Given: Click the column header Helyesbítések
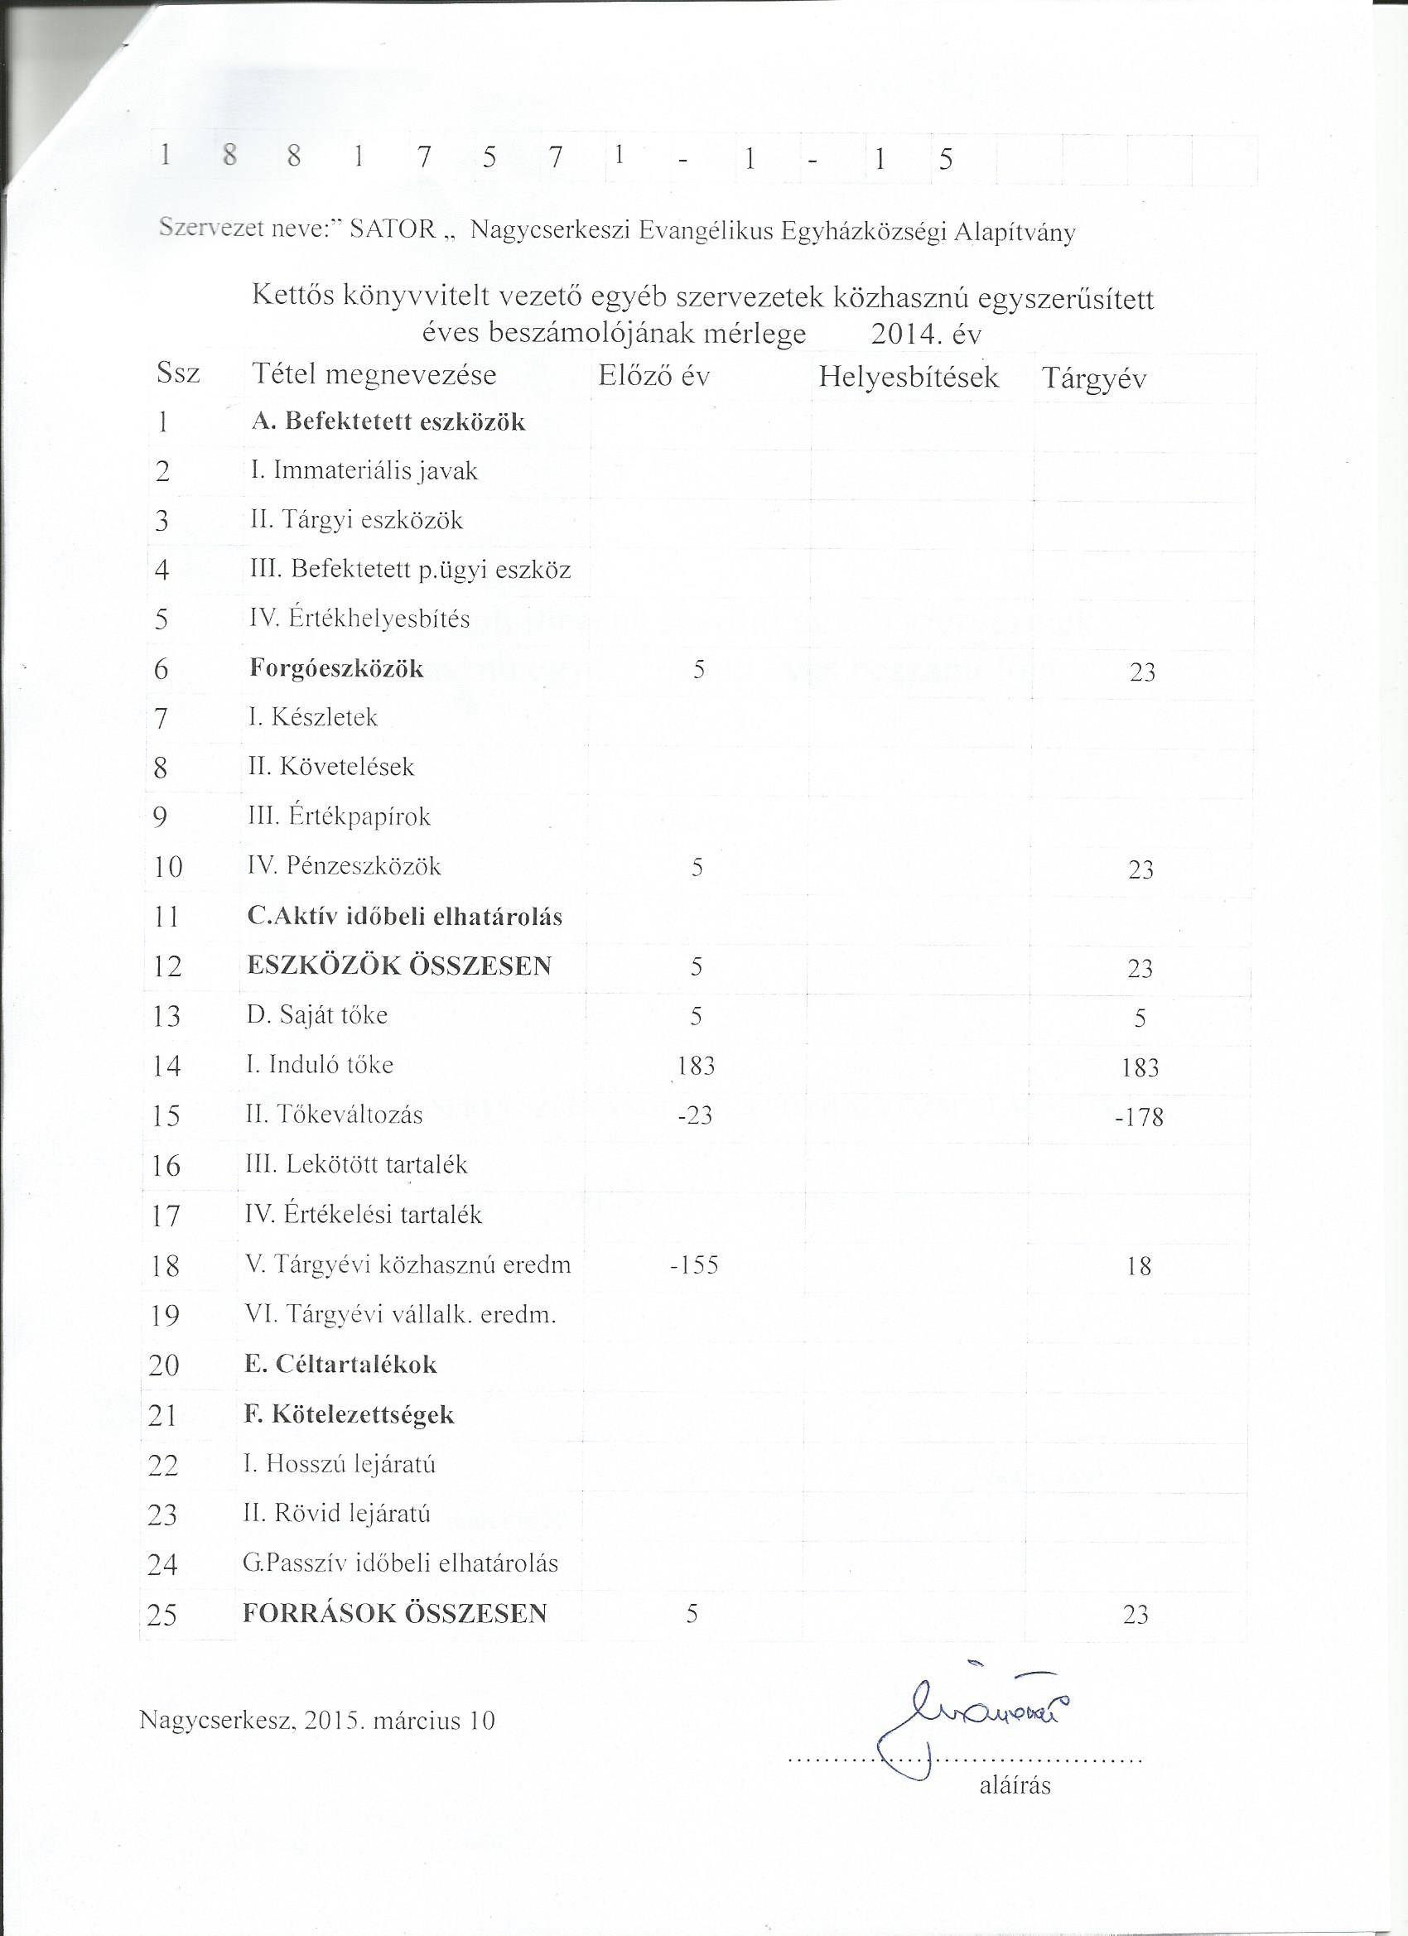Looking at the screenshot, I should pyautogui.click(x=909, y=377).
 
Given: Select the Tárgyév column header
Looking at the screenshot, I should pyautogui.click(x=1094, y=379).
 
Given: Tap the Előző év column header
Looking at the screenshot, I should pyautogui.click(x=654, y=377).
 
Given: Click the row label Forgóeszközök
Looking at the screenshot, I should pyautogui.click(x=336, y=667).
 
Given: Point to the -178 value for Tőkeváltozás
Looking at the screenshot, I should pyautogui.click(x=1139, y=1117).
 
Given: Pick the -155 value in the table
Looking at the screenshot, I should pyautogui.click(x=694, y=1264).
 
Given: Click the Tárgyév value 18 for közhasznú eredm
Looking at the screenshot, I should pyautogui.click(x=1139, y=1266).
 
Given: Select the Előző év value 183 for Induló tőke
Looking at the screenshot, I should pyautogui.click(x=696, y=1066).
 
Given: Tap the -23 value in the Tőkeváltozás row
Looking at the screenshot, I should pyautogui.click(x=694, y=1115).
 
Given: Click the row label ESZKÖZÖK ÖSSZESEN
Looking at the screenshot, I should pyautogui.click(x=398, y=966).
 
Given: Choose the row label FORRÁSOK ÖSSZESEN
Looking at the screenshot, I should pyautogui.click(x=394, y=1612).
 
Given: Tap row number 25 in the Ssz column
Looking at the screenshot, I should pyautogui.click(x=162, y=1615).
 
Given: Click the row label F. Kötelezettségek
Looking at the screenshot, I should pyautogui.click(x=349, y=1414).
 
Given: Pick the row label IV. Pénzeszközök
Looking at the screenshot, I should pyautogui.click(x=344, y=866).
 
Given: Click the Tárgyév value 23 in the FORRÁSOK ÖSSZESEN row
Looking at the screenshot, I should pyautogui.click(x=1136, y=1614).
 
